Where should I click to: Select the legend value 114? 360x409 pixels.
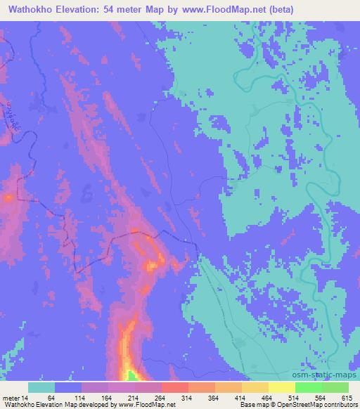(82, 398)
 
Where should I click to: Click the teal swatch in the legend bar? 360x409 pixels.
(41, 387)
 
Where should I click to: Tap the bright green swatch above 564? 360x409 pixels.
(308, 387)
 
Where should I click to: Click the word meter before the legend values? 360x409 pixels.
(13, 398)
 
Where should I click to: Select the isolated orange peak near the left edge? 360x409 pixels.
(8, 198)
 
